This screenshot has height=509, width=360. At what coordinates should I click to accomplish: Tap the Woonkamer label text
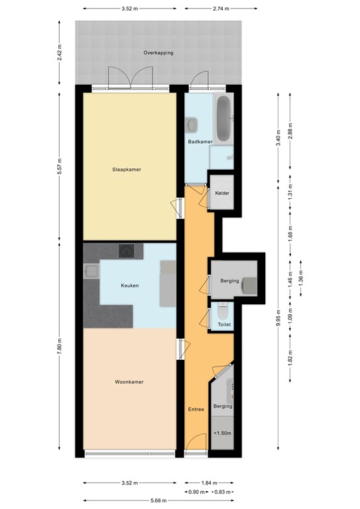click(x=129, y=382)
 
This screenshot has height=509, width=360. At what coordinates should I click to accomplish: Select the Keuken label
click(x=129, y=286)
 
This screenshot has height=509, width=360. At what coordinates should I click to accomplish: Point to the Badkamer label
click(x=200, y=141)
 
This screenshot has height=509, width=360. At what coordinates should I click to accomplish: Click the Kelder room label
click(x=222, y=193)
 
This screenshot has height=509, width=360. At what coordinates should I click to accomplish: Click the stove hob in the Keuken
click(x=127, y=251)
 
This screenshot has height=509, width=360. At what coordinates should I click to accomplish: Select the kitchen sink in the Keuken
click(x=91, y=270)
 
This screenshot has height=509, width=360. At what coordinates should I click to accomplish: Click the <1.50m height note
click(x=221, y=433)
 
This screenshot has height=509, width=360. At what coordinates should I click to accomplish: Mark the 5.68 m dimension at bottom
click(x=158, y=501)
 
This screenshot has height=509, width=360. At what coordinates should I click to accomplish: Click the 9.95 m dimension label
click(x=279, y=317)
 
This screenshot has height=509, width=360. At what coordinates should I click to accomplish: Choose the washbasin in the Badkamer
click(x=192, y=123)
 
